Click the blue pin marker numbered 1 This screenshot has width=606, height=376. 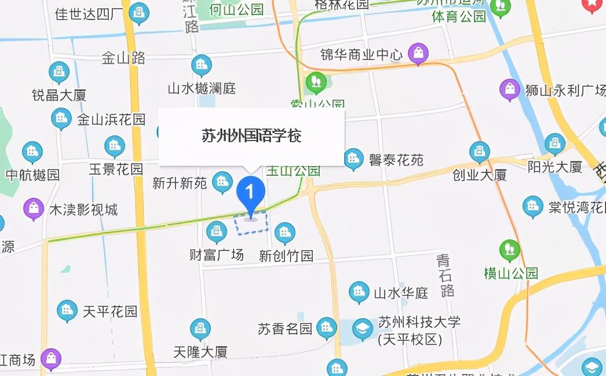(251, 191)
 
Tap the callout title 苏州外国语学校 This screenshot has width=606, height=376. (251, 136)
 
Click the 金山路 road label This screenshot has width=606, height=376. (123, 58)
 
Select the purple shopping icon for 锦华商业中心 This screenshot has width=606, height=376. (418, 54)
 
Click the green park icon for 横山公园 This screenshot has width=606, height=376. (510, 250)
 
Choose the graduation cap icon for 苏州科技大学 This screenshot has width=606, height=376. (363, 329)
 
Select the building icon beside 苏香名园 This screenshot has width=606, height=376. (327, 328)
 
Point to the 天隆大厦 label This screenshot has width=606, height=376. (200, 351)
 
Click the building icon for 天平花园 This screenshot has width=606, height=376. (67, 311)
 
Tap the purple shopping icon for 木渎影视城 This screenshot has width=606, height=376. (34, 209)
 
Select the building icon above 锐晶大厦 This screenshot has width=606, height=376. (59, 72)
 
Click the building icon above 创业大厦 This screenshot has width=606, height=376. (479, 152)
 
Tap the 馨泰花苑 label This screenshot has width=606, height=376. (396, 160)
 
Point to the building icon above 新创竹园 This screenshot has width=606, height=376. (284, 233)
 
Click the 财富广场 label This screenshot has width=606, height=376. (217, 255)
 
